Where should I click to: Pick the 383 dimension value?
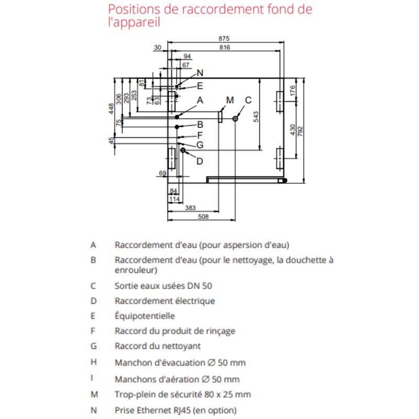click(191, 208)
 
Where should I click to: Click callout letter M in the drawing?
click(230, 100)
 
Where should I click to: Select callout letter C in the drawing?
click(248, 100)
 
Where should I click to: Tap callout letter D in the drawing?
click(199, 161)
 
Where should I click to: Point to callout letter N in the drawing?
click(200, 73)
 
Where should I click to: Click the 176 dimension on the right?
click(293, 90)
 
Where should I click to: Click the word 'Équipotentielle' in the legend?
click(145, 316)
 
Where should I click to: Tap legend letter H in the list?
click(93, 362)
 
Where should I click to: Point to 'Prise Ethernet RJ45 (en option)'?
click(175, 410)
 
